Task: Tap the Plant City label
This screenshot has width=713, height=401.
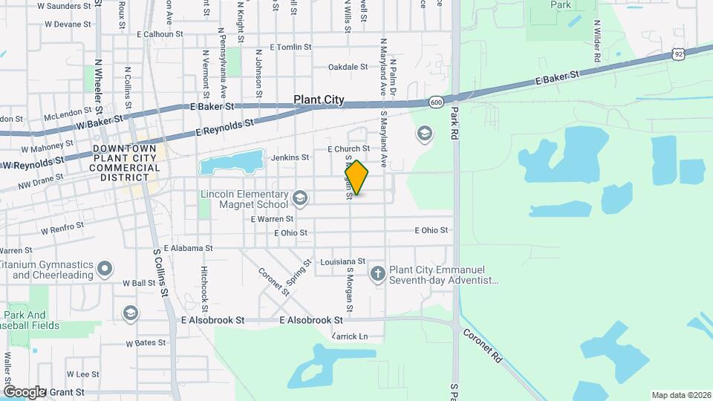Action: [319, 100]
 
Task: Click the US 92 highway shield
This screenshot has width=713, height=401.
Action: [678, 53]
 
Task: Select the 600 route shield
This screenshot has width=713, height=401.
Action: [435, 102]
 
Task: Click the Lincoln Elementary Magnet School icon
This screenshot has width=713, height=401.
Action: [300, 198]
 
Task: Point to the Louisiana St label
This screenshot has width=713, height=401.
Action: [342, 261]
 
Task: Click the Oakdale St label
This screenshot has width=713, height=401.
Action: [348, 67]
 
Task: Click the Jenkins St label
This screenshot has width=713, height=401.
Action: [290, 157]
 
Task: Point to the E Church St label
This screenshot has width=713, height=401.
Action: [348, 149]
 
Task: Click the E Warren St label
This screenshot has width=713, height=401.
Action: [272, 219]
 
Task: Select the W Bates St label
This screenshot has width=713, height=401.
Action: [145, 343]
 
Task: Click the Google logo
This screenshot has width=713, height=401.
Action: [24, 391]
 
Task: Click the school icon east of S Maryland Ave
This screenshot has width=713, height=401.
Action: [424, 134]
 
